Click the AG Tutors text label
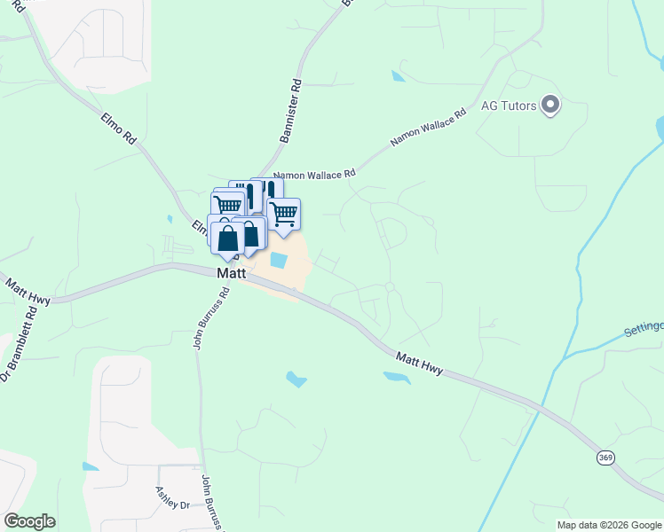coord(509,106)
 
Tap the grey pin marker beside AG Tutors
coord(550,106)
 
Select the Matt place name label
coord(231,274)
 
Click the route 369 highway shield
coord(605,458)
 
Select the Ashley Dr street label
coord(172,497)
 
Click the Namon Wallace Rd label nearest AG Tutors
coord(429,129)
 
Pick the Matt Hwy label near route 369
coord(420,361)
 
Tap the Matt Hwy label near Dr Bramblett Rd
coord(28,291)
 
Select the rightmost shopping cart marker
coord(283,213)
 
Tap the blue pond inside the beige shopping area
coord(278,261)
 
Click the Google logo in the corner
coord(29,521)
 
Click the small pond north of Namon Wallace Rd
coord(398,76)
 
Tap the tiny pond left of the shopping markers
coord(169,218)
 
